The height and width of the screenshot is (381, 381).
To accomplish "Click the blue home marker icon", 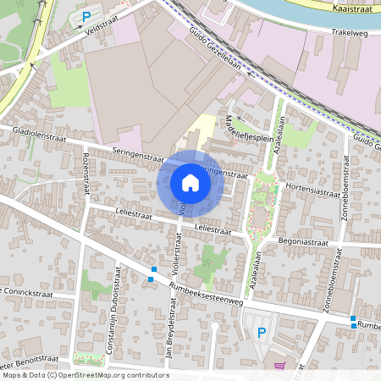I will point(190,183).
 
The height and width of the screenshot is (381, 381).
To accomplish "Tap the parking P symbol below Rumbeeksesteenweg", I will point(262,332).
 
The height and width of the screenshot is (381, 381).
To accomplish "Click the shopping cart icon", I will point(280,367).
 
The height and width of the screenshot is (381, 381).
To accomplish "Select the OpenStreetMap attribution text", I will point(85,375).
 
